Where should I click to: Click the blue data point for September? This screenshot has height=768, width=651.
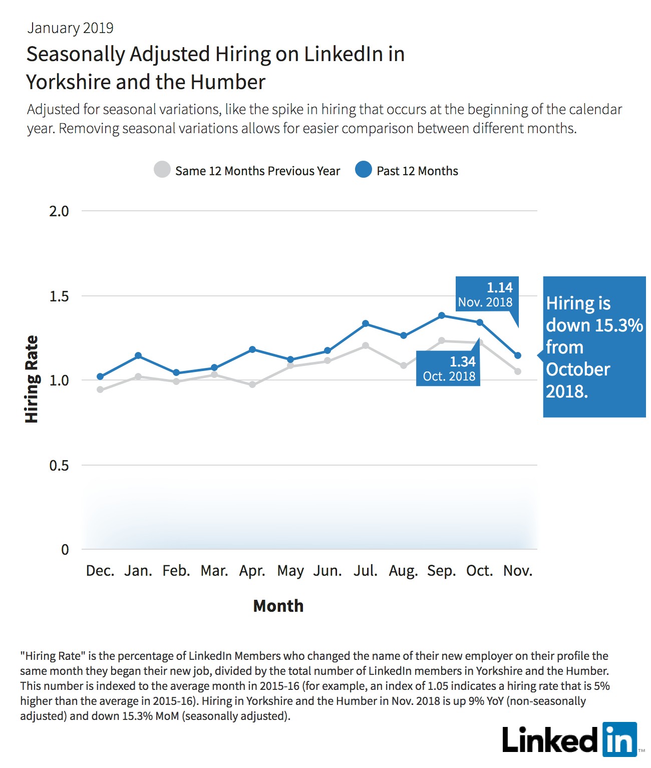pyautogui.click(x=442, y=315)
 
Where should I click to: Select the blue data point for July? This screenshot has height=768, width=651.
pyautogui.click(x=365, y=323)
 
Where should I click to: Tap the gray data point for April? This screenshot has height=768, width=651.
pyautogui.click(x=252, y=384)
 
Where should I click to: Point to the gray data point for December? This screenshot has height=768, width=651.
pyautogui.click(x=100, y=390)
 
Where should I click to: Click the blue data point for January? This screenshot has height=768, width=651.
pyautogui.click(x=138, y=355)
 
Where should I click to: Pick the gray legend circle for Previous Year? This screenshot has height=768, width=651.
pyautogui.click(x=162, y=169)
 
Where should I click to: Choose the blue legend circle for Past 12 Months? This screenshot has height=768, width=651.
pyautogui.click(x=364, y=169)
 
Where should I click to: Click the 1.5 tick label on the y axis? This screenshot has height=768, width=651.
pyautogui.click(x=59, y=296)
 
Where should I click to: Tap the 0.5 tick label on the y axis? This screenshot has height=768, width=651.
pyautogui.click(x=59, y=465)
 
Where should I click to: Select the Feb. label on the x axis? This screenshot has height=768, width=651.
pyautogui.click(x=176, y=571)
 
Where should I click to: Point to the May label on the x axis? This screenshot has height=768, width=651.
pyautogui.click(x=290, y=571)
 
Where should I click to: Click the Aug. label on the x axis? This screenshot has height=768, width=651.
pyautogui.click(x=403, y=571)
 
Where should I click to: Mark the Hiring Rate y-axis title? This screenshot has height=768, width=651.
pyautogui.click(x=32, y=379)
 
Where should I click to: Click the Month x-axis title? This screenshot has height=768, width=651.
pyautogui.click(x=278, y=606)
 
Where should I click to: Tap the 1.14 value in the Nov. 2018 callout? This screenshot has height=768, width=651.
pyautogui.click(x=499, y=287)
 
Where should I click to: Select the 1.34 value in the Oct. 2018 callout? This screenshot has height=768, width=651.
pyautogui.click(x=463, y=361)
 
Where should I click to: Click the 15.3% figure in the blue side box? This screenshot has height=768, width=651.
pyautogui.click(x=618, y=325)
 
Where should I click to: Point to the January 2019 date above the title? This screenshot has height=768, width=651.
pyautogui.click(x=70, y=28)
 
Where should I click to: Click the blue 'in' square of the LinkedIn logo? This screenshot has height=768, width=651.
pyautogui.click(x=619, y=739)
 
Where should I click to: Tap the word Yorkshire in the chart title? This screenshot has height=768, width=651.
pyautogui.click(x=69, y=83)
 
